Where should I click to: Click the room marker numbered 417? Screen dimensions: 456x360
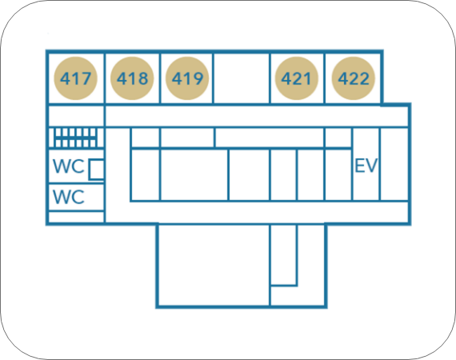click(x=76, y=78)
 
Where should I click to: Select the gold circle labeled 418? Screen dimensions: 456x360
click(x=132, y=78)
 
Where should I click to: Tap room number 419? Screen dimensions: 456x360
click(x=187, y=78)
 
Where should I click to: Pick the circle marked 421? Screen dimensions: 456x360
click(x=297, y=78)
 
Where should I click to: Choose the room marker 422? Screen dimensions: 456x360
click(x=354, y=78)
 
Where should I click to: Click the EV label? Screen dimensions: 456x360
click(x=366, y=166)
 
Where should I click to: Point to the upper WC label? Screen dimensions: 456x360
click(x=69, y=166)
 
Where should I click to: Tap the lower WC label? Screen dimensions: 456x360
click(x=69, y=197)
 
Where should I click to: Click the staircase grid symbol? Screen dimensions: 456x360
click(x=75, y=138)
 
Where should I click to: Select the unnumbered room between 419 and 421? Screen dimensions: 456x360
click(x=242, y=78)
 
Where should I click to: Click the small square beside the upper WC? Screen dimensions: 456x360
click(x=96, y=170)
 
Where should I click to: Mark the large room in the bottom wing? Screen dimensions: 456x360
click(x=214, y=265)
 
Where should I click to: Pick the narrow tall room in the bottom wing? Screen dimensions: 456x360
click(x=283, y=254)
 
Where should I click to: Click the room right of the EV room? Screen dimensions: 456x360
click(x=394, y=164)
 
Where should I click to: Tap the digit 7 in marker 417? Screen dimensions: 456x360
click(x=86, y=78)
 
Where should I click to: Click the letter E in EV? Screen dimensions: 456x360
click(x=360, y=166)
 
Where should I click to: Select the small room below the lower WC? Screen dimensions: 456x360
click(x=76, y=217)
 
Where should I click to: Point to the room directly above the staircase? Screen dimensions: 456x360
click(x=76, y=116)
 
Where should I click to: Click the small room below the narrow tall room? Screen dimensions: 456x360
click(x=298, y=296)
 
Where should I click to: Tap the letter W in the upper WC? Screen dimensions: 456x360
click(x=61, y=166)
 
